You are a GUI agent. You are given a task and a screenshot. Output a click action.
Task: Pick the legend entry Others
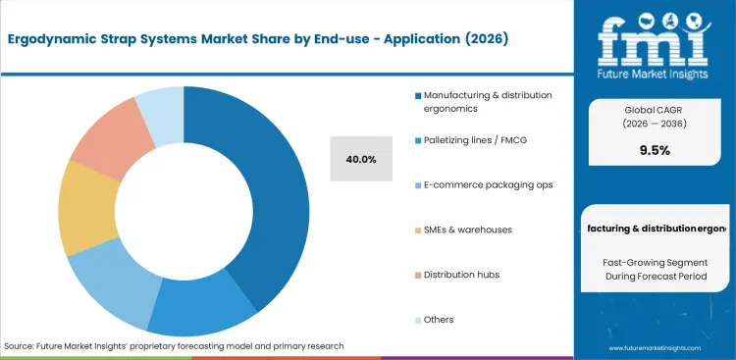click(x=439, y=319)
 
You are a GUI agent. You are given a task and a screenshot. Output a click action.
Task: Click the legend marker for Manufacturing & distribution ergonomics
click(x=418, y=95)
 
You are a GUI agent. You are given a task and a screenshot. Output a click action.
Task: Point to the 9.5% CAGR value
click(x=654, y=151)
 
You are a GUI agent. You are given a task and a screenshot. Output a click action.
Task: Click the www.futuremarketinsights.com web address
click(x=654, y=348)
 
